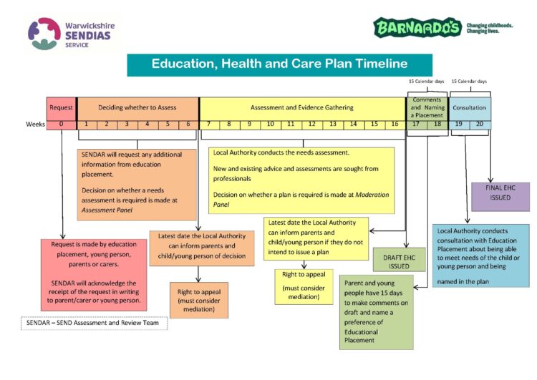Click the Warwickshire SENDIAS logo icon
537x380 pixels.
(44, 34)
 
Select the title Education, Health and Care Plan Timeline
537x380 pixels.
(279, 64)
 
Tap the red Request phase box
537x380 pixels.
(61, 107)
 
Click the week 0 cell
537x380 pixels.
(61, 124)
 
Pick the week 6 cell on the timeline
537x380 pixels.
(188, 124)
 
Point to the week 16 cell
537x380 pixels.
(395, 124)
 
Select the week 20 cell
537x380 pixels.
(480, 124)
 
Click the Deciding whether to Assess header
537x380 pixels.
(137, 107)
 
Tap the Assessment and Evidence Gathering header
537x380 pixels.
(301, 107)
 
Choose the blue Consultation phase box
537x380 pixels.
(470, 107)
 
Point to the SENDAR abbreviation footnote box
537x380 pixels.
(93, 323)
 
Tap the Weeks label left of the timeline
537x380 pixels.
(36, 124)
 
